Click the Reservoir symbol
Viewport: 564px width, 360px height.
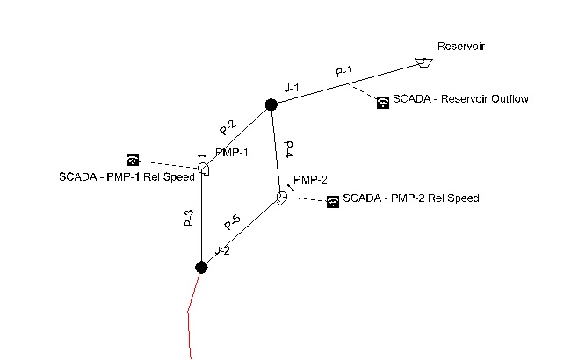click(423, 62)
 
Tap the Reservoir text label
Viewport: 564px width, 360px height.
click(461, 47)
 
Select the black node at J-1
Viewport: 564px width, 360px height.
click(271, 105)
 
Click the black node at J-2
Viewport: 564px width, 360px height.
click(201, 267)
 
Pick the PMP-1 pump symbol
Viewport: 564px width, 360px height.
click(203, 169)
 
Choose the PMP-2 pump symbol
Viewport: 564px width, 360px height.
click(281, 197)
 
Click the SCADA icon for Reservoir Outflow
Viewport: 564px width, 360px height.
click(382, 102)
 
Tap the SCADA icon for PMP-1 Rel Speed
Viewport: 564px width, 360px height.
click(132, 160)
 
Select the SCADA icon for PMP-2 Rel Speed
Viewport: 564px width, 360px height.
click(333, 202)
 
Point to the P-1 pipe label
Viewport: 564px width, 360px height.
click(343, 72)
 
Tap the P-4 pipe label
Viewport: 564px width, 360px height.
click(289, 149)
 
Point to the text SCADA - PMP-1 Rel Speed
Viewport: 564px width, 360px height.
click(114, 178)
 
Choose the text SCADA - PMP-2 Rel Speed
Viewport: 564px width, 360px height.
click(411, 198)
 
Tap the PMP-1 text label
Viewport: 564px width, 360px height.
click(232, 153)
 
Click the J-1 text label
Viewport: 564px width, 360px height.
click(293, 88)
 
